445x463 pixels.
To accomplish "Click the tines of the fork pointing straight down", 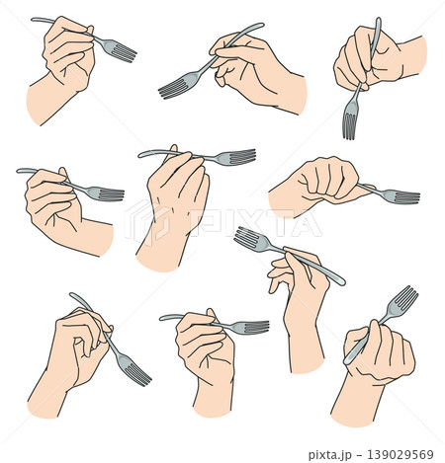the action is tap(349, 125).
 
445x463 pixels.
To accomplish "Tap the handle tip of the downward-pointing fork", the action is tap(379, 20).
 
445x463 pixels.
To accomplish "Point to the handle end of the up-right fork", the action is tap(346, 361).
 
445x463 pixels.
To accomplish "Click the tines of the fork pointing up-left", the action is tap(246, 238).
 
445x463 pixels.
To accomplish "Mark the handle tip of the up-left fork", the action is tap(342, 282).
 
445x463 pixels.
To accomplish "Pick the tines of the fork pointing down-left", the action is tap(171, 88).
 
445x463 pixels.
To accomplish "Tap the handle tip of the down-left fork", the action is tap(261, 25).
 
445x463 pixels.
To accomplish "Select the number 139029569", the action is tap(400, 454).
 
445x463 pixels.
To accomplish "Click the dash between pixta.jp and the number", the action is tap(360, 455).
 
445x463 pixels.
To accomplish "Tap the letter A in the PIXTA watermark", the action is tap(304, 223).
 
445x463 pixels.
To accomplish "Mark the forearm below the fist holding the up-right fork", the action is tap(358, 400).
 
